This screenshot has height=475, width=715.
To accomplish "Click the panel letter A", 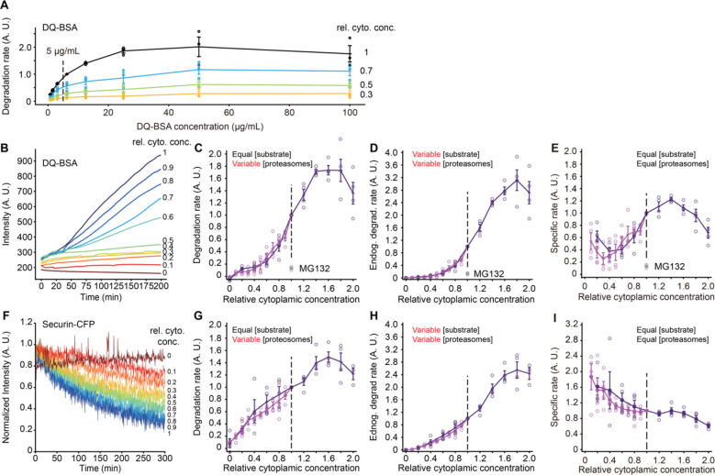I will coord(8,7).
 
